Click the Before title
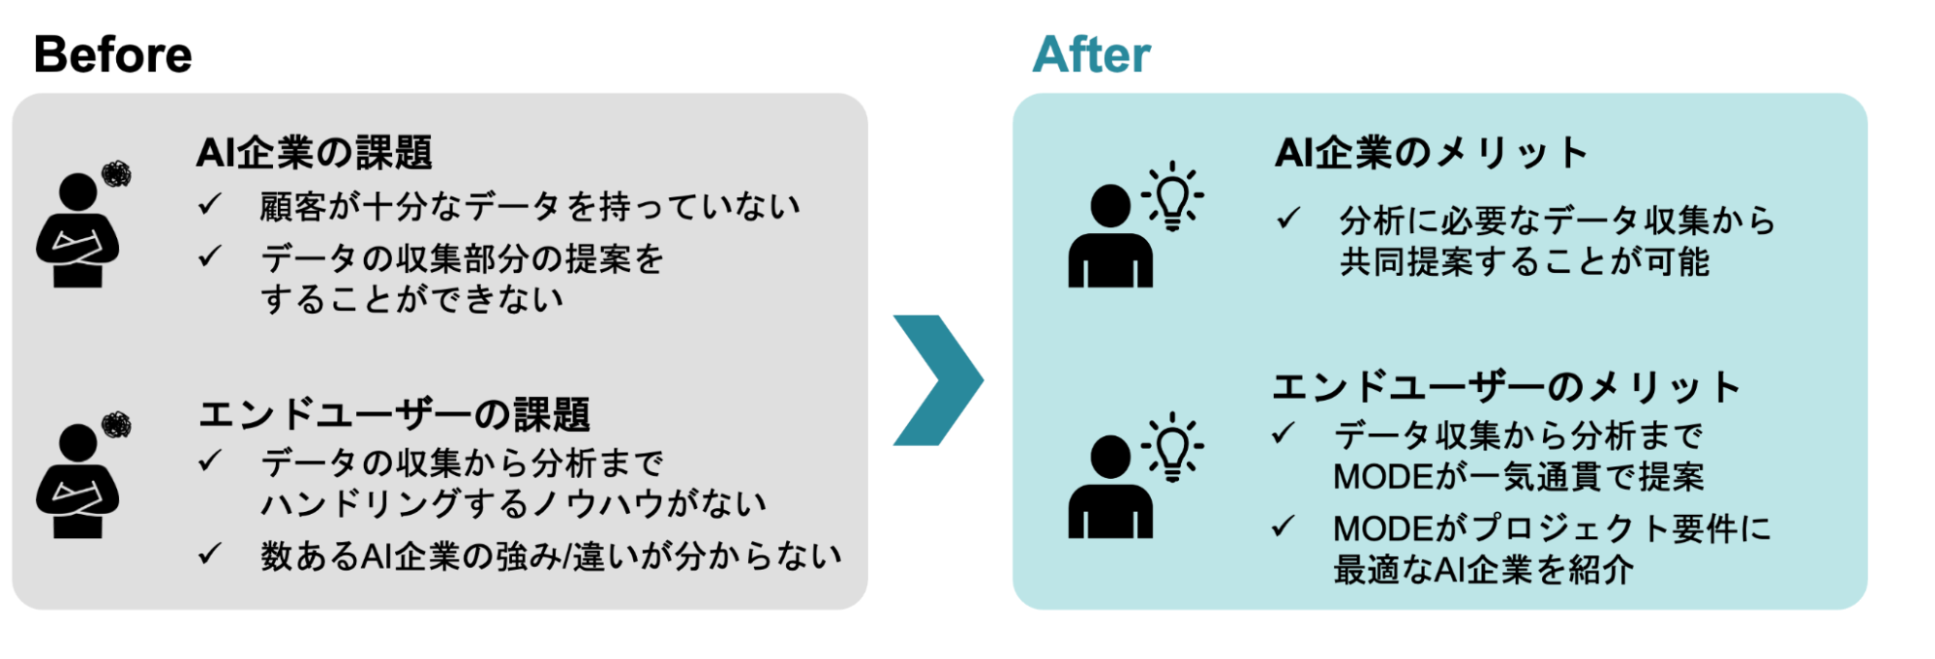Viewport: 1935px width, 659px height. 112,54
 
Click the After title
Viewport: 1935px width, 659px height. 1091,54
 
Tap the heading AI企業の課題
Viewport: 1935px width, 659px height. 314,153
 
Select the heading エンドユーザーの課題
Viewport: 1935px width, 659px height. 394,415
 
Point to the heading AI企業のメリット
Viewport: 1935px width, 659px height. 1431,153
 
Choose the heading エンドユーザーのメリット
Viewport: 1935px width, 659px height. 1505,387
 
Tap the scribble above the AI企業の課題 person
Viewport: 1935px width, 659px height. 116,175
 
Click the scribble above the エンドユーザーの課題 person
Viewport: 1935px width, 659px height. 116,424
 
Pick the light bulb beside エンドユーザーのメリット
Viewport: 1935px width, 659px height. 1172,447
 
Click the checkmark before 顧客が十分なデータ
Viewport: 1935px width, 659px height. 210,205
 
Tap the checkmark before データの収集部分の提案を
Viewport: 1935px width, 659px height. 210,257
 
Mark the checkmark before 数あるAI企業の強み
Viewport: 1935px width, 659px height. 210,554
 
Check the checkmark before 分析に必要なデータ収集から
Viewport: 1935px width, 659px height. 1287,220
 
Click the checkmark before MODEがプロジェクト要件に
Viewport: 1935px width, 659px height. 1284,527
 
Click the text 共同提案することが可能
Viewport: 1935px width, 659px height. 1524,262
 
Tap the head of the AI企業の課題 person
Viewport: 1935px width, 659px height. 77,191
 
